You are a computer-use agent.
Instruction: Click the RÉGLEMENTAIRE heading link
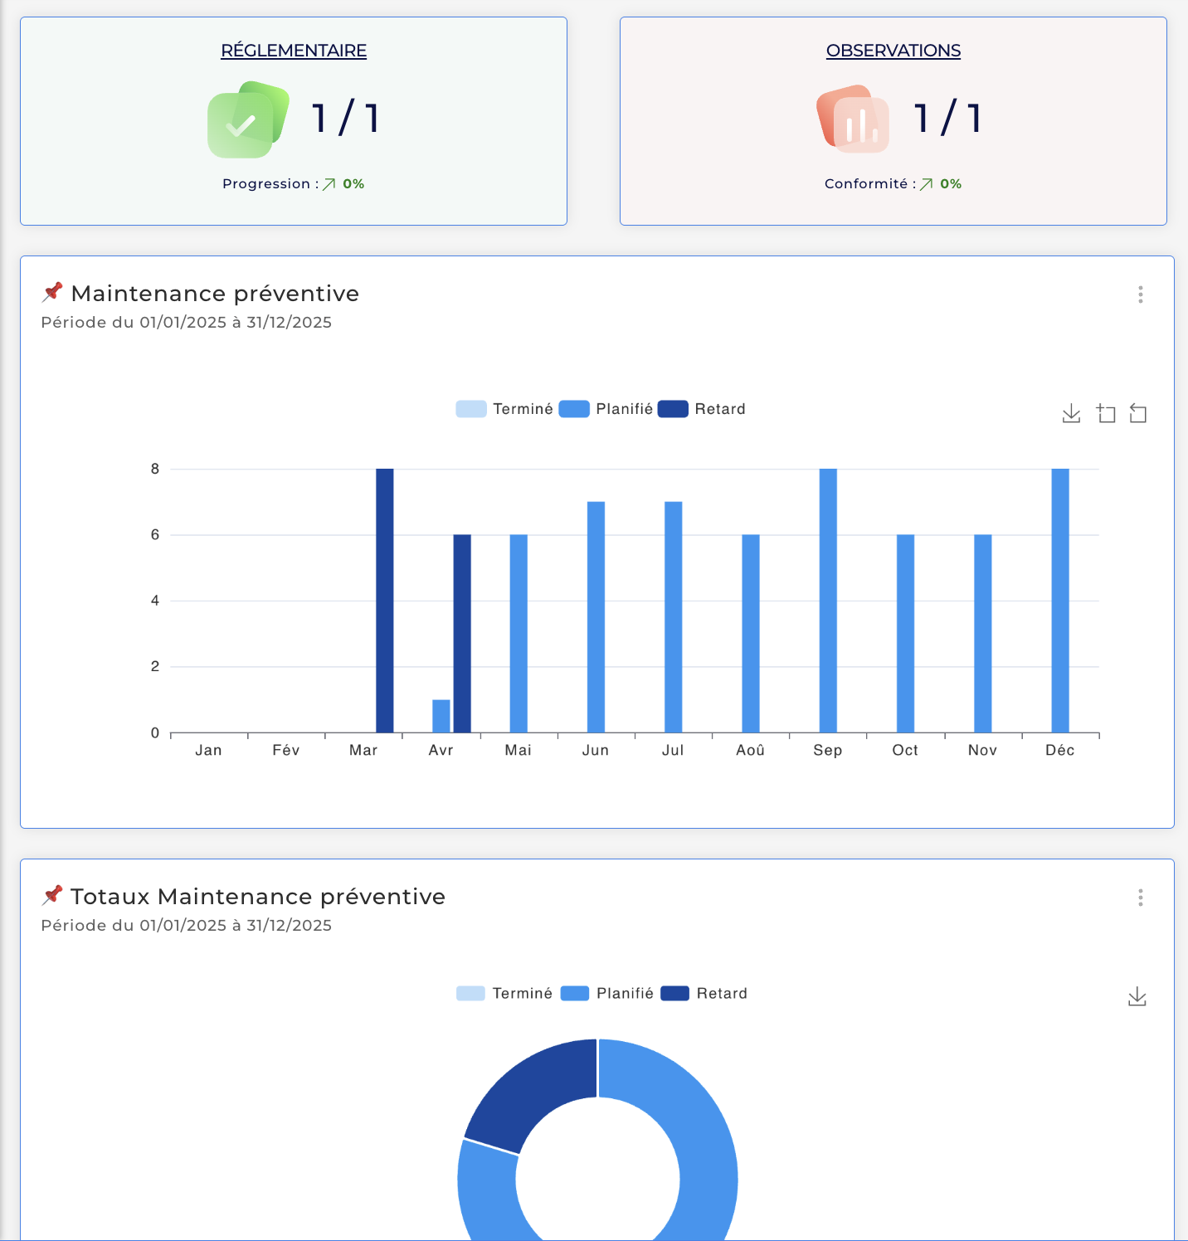(x=294, y=51)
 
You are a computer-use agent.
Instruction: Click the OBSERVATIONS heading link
(x=893, y=51)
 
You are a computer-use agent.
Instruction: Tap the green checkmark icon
(x=246, y=120)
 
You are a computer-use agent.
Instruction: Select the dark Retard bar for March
(x=385, y=601)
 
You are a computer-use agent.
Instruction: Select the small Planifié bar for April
(x=441, y=717)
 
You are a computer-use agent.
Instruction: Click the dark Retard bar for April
(x=462, y=634)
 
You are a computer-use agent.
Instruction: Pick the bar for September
(x=828, y=601)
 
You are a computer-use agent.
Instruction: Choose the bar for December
(x=1060, y=601)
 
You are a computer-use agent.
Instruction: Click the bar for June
(x=596, y=617)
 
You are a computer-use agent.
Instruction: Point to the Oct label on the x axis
(x=905, y=750)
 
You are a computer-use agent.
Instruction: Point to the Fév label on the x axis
(x=285, y=750)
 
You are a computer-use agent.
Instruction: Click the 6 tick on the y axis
(x=155, y=535)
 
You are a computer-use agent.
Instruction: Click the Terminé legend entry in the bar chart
(x=505, y=409)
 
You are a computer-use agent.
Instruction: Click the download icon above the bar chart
(x=1071, y=413)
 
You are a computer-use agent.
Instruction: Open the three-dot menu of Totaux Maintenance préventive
(x=1141, y=898)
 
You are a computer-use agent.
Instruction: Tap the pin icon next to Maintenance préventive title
(x=52, y=292)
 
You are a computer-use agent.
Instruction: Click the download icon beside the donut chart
(x=1137, y=997)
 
